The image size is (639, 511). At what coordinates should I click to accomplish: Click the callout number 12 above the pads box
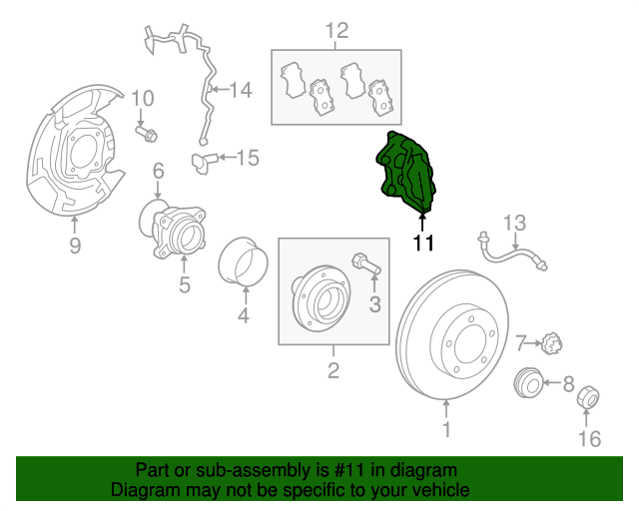[336, 31]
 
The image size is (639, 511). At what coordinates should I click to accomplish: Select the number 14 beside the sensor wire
[241, 91]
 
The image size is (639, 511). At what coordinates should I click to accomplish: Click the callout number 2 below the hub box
[332, 371]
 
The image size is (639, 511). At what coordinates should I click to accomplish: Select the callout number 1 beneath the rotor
[446, 430]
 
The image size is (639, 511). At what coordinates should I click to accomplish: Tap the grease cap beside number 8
[529, 382]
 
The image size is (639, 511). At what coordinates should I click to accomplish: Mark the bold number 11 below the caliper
[424, 242]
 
